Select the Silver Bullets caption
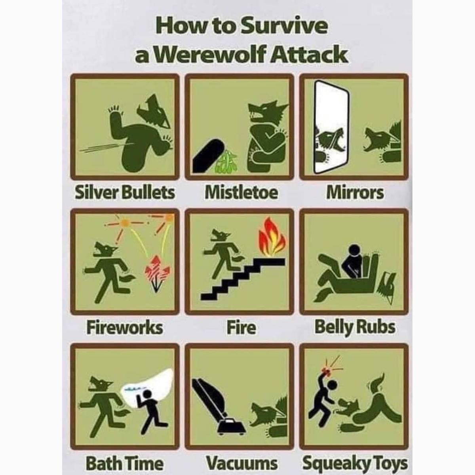click(125, 193)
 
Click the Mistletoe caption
click(241, 193)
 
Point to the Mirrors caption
click(355, 193)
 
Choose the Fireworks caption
click(124, 328)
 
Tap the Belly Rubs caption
click(355, 328)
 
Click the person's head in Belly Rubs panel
click(354, 249)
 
